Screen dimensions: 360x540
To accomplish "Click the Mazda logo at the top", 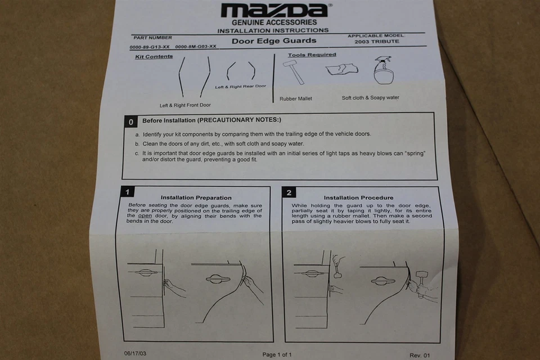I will pos(274,10).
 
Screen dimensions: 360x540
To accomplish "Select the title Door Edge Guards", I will pos(274,40).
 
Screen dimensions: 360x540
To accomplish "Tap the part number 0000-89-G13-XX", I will pos(150,47).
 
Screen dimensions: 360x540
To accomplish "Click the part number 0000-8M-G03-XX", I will pos(196,47).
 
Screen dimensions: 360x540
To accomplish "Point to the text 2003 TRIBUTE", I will pos(377,42).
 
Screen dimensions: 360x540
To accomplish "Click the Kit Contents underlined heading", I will pos(154,57).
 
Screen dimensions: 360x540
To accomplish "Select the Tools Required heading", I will pos(312,55).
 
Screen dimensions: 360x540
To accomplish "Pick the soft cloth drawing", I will pos(341,69).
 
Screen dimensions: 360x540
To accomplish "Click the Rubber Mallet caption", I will pos(296,99).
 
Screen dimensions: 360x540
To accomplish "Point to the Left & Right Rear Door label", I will pos(240,87).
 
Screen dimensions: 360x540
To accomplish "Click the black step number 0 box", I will pos(130,121).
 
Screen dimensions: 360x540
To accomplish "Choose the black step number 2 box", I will pos(289,192).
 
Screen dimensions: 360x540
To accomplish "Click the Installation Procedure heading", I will pos(358,198).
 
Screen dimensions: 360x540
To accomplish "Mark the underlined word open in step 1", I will pos(145,216).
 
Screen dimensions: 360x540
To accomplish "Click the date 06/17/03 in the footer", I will pos(134,354).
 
